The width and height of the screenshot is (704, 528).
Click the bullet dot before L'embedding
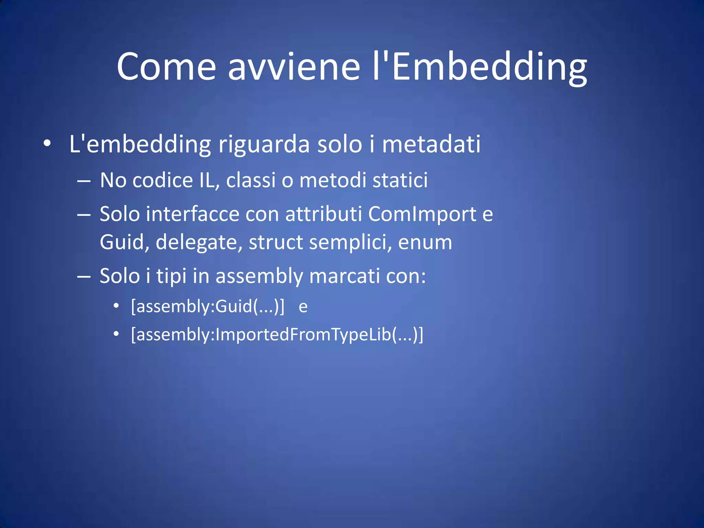(x=47, y=143)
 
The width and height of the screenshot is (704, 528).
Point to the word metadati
(x=431, y=144)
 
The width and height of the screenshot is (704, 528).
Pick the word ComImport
(x=422, y=214)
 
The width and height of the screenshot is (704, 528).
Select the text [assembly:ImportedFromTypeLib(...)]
(x=277, y=334)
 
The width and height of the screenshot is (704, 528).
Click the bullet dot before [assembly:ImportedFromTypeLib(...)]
(x=117, y=334)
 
